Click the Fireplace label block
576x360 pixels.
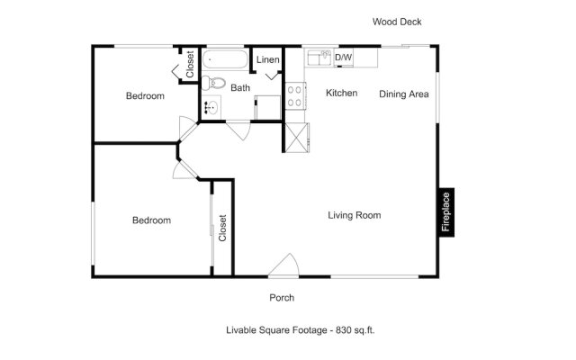pyautogui.click(x=446, y=212)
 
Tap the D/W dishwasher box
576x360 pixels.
pyautogui.click(x=344, y=58)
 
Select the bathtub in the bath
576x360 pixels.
pyautogui.click(x=225, y=59)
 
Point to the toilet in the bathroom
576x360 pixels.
pyautogui.click(x=213, y=83)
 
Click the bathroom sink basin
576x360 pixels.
pyautogui.click(x=211, y=107)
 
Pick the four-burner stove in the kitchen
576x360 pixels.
pyautogui.click(x=295, y=96)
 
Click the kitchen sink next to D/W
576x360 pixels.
pyautogui.click(x=319, y=58)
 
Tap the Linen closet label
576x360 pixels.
pyautogui.click(x=268, y=59)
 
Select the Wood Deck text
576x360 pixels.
pyautogui.click(x=397, y=22)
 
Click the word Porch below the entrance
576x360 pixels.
pyautogui.click(x=282, y=298)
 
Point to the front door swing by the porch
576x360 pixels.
pyautogui.click(x=283, y=265)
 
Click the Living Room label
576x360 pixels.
pyautogui.click(x=355, y=215)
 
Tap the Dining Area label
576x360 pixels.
pyautogui.click(x=404, y=94)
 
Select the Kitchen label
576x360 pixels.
pyautogui.click(x=342, y=93)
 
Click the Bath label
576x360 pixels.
pyautogui.click(x=240, y=88)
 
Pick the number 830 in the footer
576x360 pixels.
pyautogui.click(x=344, y=330)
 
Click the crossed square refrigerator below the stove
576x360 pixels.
pyautogui.click(x=296, y=138)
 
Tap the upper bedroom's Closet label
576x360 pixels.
pyautogui.click(x=190, y=64)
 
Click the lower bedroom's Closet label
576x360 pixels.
pyautogui.click(x=222, y=228)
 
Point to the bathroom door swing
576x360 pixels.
pyautogui.click(x=238, y=130)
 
